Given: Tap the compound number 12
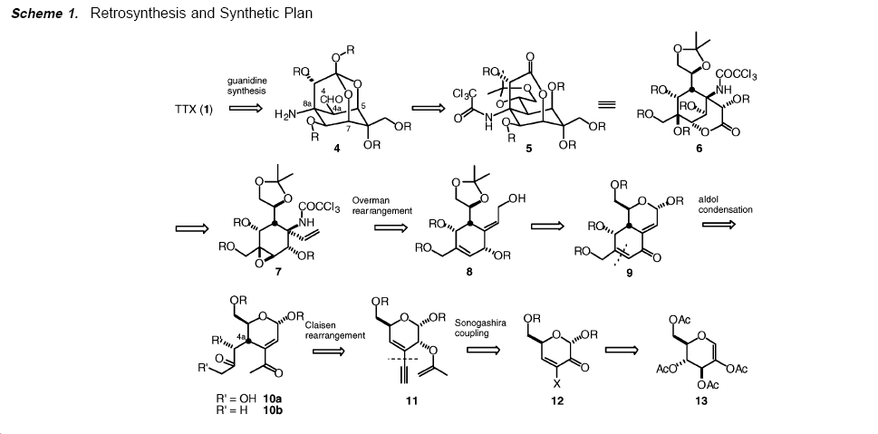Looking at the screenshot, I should pos(557,400).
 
